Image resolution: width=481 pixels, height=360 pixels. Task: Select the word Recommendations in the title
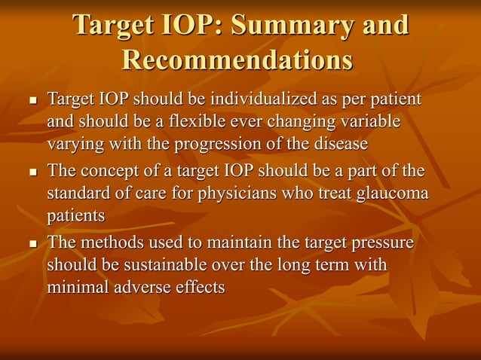[x=237, y=60]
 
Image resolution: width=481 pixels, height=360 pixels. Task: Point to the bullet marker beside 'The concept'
[x=32, y=174]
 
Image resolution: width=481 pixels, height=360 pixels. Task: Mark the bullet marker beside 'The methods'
[x=32, y=246]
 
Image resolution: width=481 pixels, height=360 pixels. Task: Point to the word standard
[x=79, y=194]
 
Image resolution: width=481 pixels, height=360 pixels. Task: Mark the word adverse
[x=144, y=287]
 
